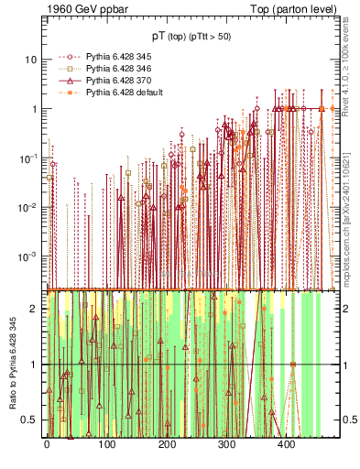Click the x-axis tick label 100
pyautogui.click(x=106, y=444)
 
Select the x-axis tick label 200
pyautogui.click(x=166, y=444)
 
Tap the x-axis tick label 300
pyautogui.click(x=226, y=444)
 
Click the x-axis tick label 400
pyautogui.click(x=286, y=444)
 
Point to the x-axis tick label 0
pyautogui.click(x=47, y=444)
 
